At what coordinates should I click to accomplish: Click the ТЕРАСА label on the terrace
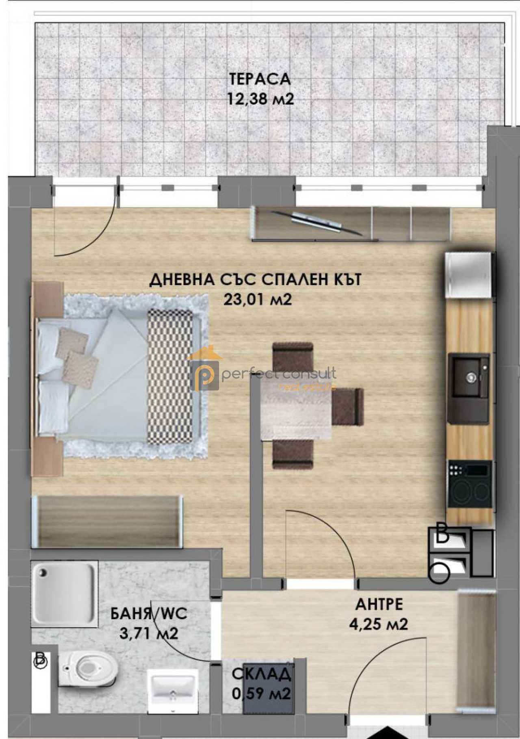tap(260, 79)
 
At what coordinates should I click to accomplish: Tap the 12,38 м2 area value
tap(260, 99)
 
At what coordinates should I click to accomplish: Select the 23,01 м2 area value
tap(258, 300)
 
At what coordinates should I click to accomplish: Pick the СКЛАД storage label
tap(262, 674)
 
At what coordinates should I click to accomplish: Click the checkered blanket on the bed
tap(170, 376)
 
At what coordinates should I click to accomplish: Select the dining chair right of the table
tap(347, 406)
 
